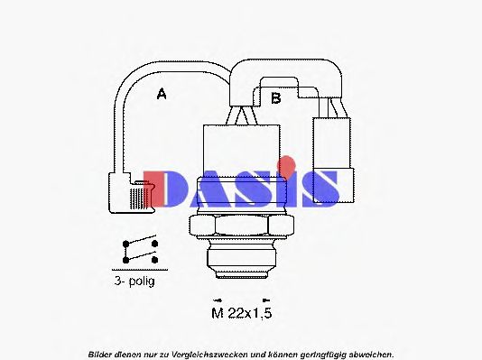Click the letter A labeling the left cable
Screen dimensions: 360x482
(162, 93)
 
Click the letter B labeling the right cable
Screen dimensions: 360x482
(277, 97)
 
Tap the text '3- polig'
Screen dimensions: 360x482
(135, 281)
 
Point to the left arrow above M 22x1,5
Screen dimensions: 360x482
(217, 298)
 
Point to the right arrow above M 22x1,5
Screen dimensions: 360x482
(264, 298)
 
